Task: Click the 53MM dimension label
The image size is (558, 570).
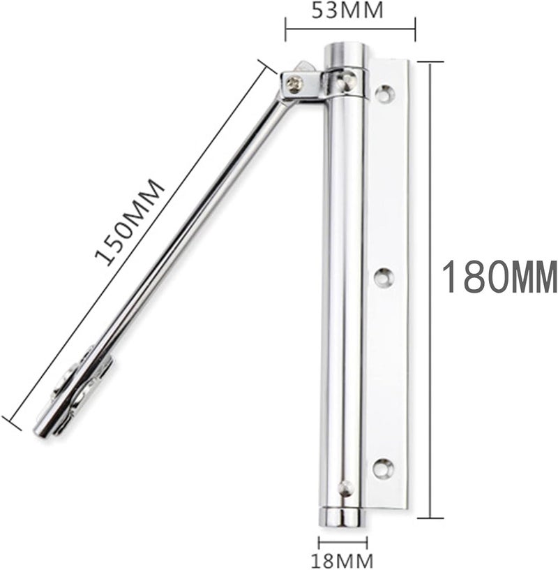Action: point(349,10)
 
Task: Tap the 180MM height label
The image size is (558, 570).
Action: point(499,277)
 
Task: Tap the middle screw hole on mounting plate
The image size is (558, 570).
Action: point(383,277)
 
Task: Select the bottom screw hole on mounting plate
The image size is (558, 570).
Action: point(382,468)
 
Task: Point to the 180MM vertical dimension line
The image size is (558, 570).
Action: point(432,290)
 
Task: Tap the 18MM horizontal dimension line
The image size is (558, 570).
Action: point(342,543)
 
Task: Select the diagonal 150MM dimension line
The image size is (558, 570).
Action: point(136,241)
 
